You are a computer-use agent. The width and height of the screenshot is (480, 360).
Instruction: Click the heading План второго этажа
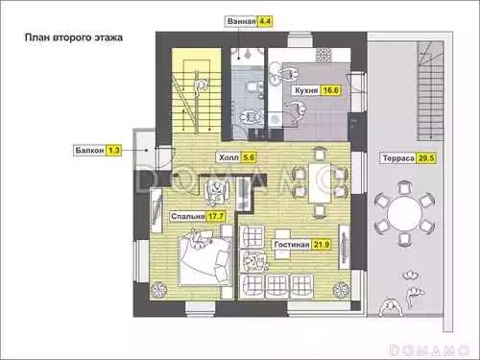pos(74,37)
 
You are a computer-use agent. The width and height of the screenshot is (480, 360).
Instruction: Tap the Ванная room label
pos(242,21)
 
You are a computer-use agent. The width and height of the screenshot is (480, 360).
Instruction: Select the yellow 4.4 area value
pos(265,21)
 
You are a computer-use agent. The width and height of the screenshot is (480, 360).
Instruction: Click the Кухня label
pos(306,90)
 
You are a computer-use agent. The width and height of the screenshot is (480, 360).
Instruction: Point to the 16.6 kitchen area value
pos(330,90)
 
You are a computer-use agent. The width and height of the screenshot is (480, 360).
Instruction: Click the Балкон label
pos(89,150)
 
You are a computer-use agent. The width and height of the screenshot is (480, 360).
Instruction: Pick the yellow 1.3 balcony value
pos(114,150)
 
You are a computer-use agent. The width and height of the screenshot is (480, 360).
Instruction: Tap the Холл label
pos(228,157)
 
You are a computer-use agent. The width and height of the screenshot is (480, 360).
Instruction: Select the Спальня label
pos(187,217)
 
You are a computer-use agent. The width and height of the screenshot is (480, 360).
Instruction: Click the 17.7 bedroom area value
pos(216,217)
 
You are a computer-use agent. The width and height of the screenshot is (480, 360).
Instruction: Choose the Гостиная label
pos(292,245)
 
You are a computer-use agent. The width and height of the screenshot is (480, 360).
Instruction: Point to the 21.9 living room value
pos(321,245)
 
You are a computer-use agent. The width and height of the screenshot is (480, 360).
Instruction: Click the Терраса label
pos(398,158)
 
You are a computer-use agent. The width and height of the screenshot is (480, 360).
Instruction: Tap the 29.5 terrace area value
pos(426,158)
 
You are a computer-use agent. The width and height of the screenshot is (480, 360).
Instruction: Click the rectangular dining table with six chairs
pos(319,182)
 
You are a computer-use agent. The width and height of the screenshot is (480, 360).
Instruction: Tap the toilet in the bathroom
pos(253,87)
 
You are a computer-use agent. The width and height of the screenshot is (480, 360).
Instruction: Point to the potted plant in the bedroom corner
pos(157,290)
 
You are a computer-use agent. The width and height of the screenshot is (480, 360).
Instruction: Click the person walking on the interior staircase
pos(202,87)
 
